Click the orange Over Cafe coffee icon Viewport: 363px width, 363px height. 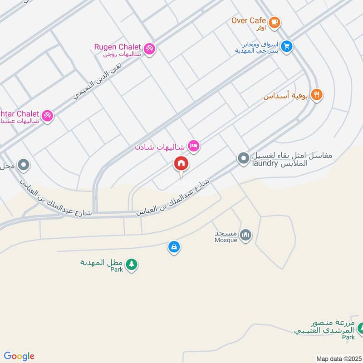(x=274, y=21)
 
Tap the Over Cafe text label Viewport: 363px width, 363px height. (x=249, y=20)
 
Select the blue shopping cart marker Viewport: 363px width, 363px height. (x=286, y=46)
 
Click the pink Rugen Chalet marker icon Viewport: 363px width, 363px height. (x=149, y=48)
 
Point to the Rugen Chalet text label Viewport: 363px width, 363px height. (x=118, y=47)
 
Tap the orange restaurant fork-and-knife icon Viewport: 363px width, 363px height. (x=317, y=95)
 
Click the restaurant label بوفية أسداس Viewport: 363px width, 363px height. (x=286, y=96)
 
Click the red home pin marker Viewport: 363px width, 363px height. (x=181, y=164)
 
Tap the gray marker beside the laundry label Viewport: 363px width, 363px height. (x=243, y=158)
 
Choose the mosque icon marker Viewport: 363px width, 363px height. (x=246, y=235)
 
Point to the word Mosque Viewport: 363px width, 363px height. (x=226, y=240)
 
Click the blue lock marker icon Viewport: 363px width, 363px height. (x=174, y=247)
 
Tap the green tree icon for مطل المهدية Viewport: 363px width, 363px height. (x=131, y=264)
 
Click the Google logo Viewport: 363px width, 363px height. (x=19, y=356)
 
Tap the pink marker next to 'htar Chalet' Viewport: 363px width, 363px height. (x=47, y=116)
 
